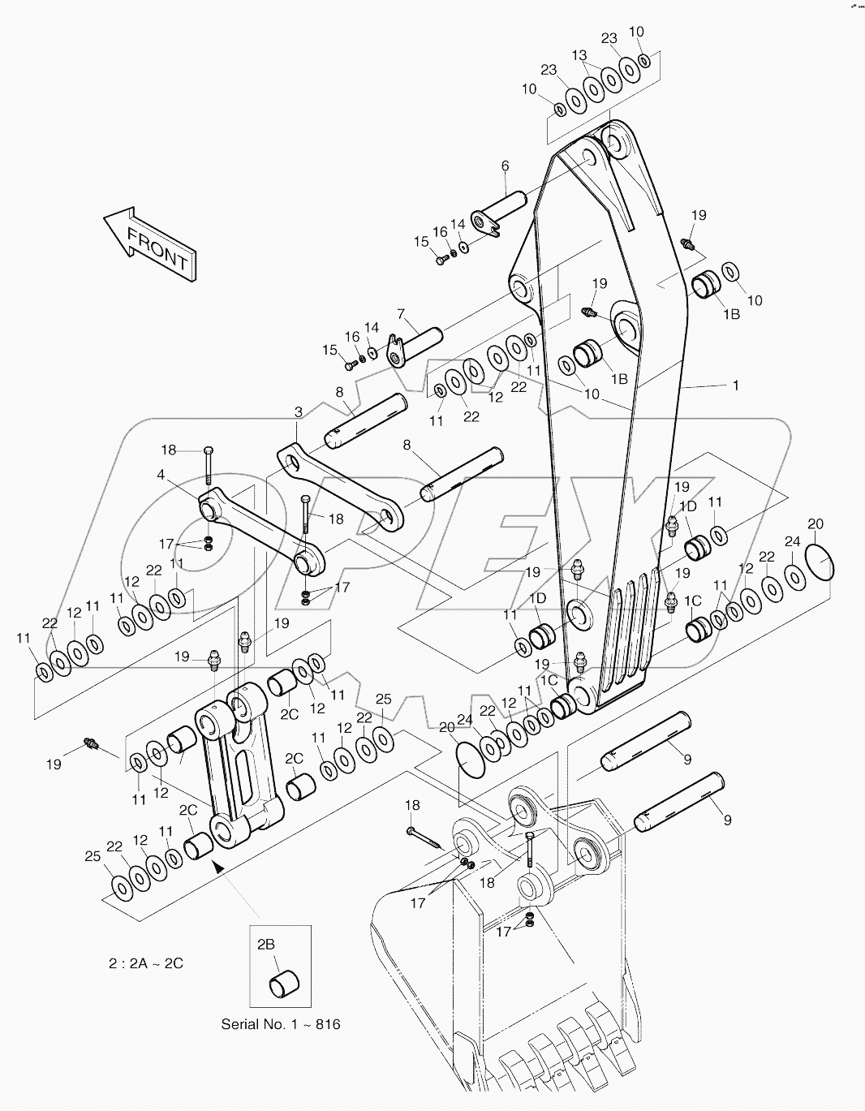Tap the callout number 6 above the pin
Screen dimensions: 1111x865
click(x=505, y=166)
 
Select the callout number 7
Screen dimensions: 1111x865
click(x=401, y=313)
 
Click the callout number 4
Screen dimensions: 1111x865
click(x=161, y=475)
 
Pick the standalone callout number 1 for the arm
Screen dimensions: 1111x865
click(x=736, y=386)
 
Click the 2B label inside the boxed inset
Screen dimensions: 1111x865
click(x=266, y=944)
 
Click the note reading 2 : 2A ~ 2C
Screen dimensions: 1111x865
click(x=146, y=963)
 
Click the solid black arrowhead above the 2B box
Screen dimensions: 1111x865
click(x=217, y=867)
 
